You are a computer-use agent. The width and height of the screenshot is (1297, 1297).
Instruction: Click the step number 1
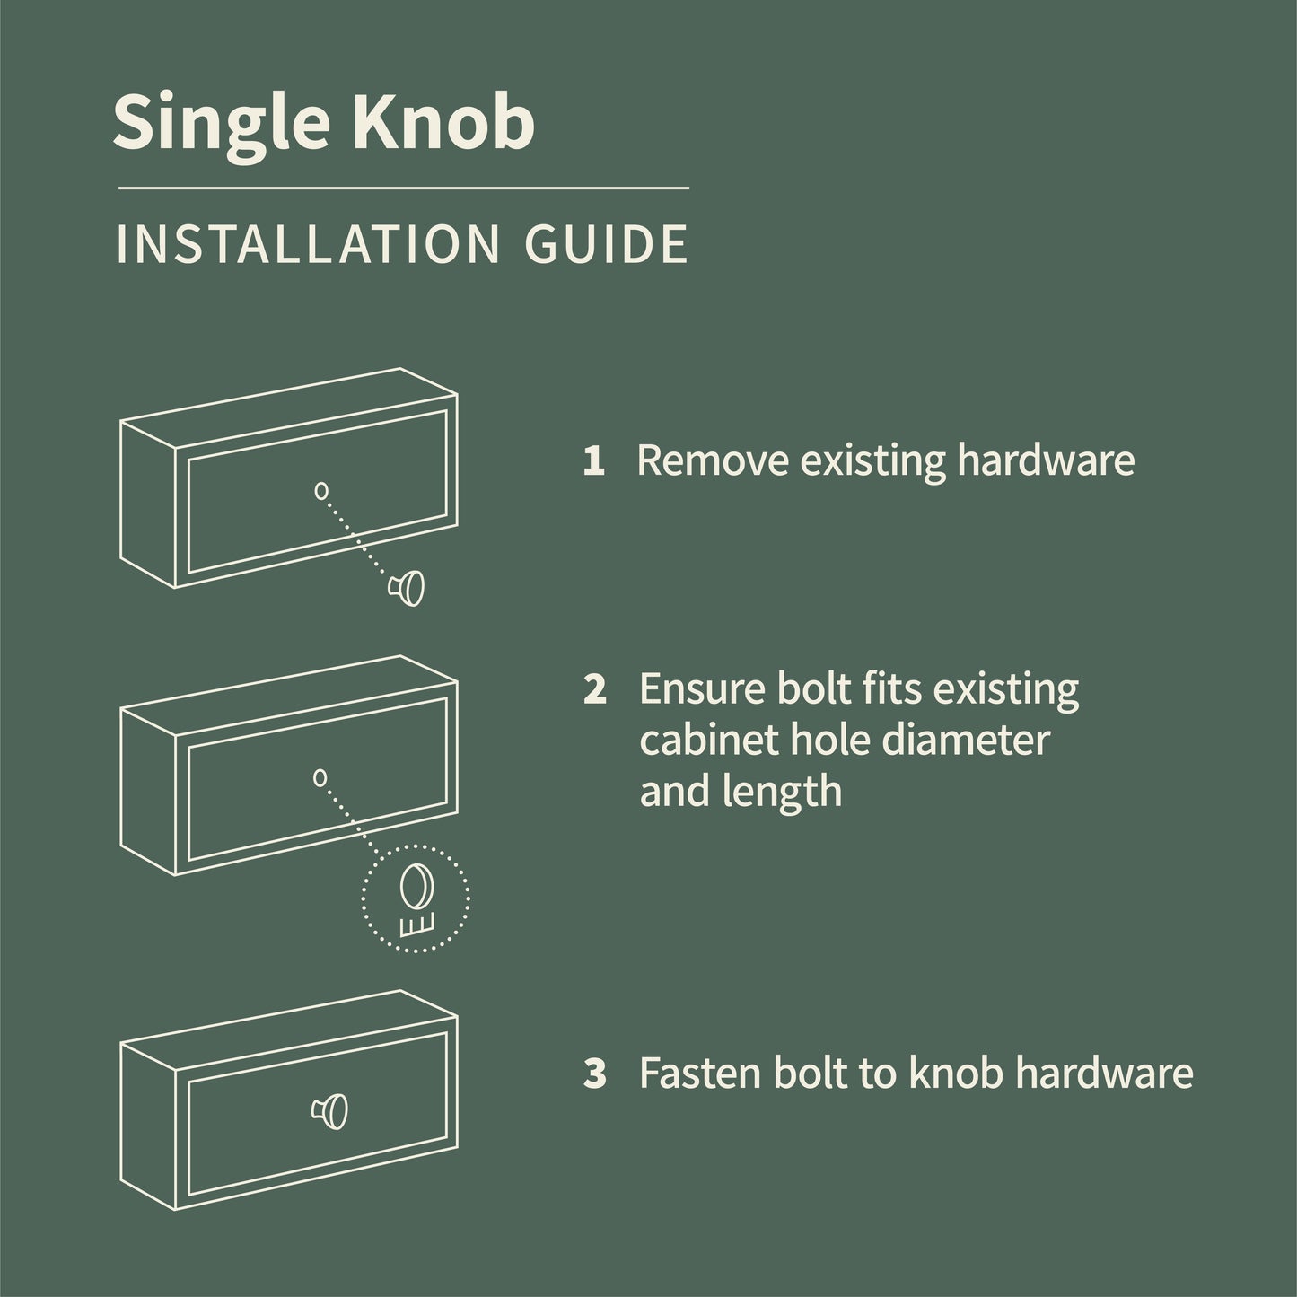(x=593, y=461)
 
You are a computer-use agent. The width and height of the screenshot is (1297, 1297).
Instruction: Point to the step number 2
(x=594, y=689)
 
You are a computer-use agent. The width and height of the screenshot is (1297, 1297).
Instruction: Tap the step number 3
(x=594, y=1074)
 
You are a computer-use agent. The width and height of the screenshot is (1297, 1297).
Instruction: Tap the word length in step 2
(x=790, y=792)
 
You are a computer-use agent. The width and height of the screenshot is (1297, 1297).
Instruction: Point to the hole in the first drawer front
(x=320, y=490)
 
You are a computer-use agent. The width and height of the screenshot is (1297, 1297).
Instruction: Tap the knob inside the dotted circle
(x=416, y=883)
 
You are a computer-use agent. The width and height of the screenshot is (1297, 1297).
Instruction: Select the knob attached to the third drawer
(x=331, y=1111)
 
